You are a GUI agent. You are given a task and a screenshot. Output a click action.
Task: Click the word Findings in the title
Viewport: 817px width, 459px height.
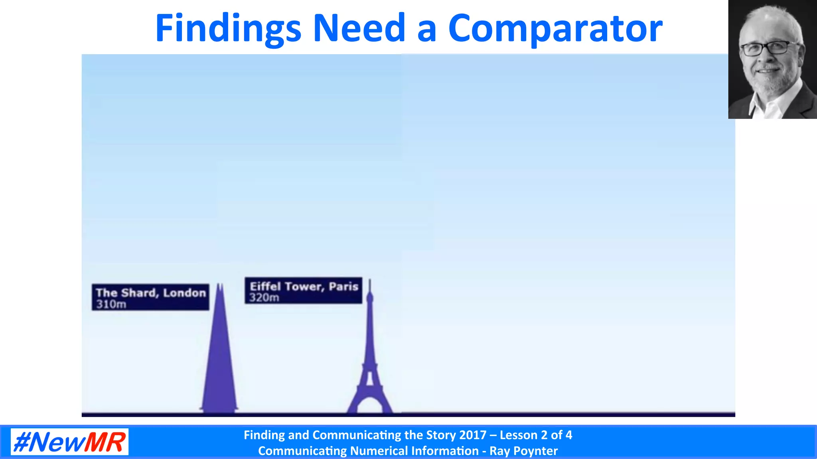(x=228, y=29)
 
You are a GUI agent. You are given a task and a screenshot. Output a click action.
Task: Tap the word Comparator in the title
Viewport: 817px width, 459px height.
(x=555, y=29)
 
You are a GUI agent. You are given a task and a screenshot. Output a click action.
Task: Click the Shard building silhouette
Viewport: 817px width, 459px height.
(x=219, y=359)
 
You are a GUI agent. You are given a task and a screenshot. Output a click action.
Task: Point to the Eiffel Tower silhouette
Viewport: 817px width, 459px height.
(x=370, y=359)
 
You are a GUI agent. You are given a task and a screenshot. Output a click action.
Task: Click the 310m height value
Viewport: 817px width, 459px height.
(x=111, y=304)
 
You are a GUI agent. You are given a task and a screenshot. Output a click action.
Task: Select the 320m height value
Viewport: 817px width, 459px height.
(x=264, y=298)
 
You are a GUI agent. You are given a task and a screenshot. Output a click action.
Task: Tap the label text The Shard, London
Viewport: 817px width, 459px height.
(x=151, y=293)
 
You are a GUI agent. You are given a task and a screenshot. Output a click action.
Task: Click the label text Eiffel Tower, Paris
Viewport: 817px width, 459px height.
(x=304, y=286)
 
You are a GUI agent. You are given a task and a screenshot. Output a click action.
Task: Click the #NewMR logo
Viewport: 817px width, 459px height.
(x=69, y=442)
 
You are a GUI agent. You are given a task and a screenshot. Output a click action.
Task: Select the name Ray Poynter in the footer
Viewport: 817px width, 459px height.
(x=523, y=451)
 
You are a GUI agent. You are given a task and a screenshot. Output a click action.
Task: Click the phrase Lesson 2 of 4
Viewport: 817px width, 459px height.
(x=536, y=435)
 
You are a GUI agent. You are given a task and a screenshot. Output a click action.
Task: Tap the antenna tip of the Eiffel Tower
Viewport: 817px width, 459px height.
(x=370, y=280)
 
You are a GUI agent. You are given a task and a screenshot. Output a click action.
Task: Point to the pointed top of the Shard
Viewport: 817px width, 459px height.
(x=219, y=285)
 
